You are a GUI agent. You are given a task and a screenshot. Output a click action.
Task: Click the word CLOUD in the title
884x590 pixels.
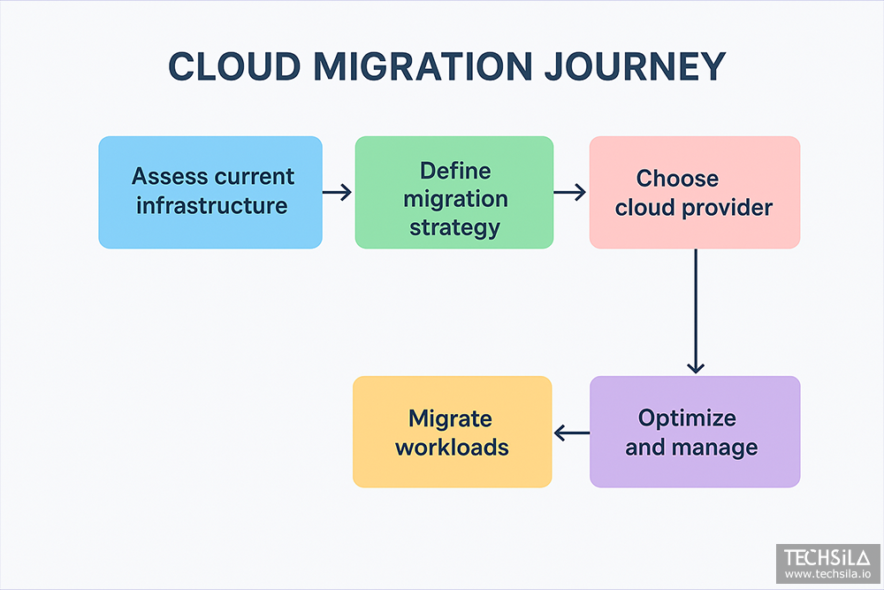(234, 66)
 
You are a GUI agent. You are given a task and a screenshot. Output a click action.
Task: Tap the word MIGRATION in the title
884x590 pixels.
(423, 66)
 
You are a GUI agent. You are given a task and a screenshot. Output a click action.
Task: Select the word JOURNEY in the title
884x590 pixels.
(635, 66)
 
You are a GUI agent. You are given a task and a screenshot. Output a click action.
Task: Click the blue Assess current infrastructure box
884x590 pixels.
(210, 192)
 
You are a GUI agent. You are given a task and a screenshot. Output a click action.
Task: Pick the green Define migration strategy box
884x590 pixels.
(454, 192)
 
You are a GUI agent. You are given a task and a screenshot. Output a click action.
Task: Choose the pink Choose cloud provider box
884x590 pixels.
(695, 192)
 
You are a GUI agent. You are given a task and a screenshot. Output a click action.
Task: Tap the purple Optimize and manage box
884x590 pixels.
(695, 432)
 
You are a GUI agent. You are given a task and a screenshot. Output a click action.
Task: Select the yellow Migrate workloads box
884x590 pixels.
(452, 432)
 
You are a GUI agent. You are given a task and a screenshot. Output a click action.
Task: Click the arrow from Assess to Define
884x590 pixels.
(337, 192)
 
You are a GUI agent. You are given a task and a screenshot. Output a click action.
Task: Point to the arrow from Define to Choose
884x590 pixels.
(570, 192)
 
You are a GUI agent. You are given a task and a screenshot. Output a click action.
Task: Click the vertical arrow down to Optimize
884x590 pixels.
(696, 310)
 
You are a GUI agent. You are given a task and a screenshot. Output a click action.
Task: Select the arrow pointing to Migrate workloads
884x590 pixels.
(572, 433)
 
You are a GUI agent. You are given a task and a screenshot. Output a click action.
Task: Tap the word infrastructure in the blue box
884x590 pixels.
(212, 205)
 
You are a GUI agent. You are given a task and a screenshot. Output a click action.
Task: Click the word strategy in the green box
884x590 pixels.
(455, 228)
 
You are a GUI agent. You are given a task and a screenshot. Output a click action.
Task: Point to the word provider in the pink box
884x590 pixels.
(728, 208)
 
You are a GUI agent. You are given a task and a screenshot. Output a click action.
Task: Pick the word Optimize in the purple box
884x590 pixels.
(687, 418)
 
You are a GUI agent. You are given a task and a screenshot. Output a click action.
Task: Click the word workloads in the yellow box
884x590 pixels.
(452, 448)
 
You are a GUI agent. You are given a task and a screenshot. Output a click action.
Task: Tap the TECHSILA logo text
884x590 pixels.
(827, 558)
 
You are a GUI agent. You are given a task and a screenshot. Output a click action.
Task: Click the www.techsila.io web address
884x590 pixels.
(827, 574)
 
